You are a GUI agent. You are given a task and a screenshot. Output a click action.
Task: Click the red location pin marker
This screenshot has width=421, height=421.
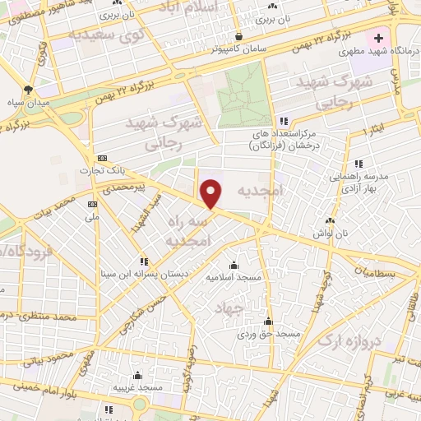pos(212,192)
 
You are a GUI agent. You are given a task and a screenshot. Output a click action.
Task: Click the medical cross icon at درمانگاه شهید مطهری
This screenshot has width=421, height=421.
pos(379,38)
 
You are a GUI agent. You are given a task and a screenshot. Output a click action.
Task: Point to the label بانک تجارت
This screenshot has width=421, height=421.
pos(101,170)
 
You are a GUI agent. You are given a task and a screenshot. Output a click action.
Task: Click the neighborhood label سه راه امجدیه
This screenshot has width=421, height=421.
pos(189,232)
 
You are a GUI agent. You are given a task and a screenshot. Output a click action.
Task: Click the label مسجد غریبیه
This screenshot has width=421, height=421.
pos(137,386)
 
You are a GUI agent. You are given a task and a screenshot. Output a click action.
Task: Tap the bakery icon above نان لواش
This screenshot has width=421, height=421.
pos(331,220)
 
